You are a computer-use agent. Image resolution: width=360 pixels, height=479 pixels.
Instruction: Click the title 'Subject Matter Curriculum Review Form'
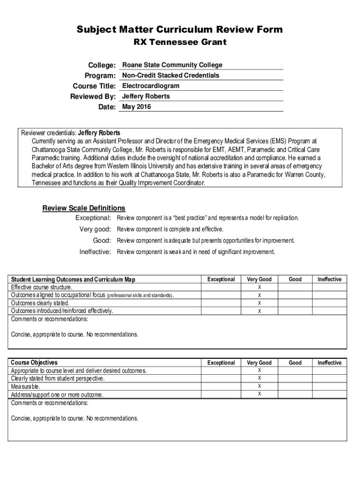[x=180, y=30]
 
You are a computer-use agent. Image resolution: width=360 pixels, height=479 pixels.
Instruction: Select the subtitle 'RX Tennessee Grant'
[x=180, y=43]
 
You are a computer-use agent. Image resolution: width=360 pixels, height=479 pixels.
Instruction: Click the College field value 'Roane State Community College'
[x=172, y=65]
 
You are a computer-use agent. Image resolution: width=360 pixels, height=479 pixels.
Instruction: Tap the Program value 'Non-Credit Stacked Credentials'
[x=171, y=75]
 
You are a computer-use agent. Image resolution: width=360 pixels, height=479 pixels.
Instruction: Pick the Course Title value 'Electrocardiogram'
[x=151, y=86]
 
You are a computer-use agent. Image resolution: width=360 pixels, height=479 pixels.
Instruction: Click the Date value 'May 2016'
[x=137, y=107]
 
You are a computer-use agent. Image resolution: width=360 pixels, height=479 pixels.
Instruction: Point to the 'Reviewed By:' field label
[x=93, y=97]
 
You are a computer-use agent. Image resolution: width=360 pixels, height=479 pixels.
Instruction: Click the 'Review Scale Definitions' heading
[x=84, y=208]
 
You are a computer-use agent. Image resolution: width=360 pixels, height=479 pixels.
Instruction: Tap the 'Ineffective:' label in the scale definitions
[x=95, y=252]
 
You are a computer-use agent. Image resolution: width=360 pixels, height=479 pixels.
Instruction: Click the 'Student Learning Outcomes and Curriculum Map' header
[x=73, y=280]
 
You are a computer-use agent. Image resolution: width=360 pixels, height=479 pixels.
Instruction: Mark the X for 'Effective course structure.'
[x=259, y=287]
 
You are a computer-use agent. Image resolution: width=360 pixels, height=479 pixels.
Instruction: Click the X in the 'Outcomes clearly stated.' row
[x=259, y=303]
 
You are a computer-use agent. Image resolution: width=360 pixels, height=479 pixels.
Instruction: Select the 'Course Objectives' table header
[x=34, y=363]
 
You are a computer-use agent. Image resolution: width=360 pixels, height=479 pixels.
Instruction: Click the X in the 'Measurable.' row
[x=259, y=386]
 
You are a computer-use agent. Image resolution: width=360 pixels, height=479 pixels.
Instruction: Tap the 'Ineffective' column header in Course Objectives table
[x=330, y=363]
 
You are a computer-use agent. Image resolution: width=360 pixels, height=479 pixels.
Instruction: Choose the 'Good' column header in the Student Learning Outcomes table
[x=295, y=280]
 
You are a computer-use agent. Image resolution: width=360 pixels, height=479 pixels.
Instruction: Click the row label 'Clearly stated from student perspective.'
[x=58, y=379]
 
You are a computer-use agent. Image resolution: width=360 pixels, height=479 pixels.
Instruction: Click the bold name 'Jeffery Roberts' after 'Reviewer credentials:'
[x=99, y=133]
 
